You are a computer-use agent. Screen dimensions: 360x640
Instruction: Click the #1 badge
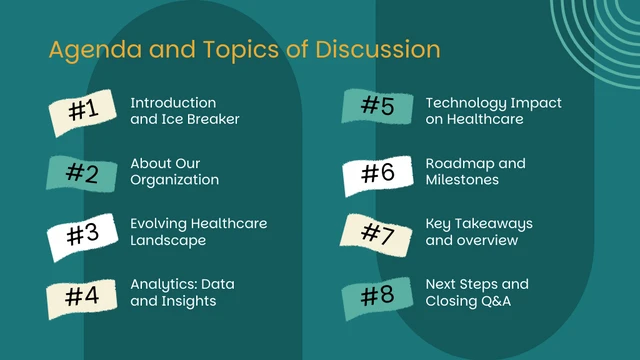83,112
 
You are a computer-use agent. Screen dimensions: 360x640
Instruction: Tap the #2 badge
83,173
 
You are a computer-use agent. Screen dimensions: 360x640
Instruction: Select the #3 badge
83,236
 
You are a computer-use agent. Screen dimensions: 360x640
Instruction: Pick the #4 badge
83,296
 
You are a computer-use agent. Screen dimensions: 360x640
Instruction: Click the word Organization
174,180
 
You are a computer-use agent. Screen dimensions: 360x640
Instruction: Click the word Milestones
462,180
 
